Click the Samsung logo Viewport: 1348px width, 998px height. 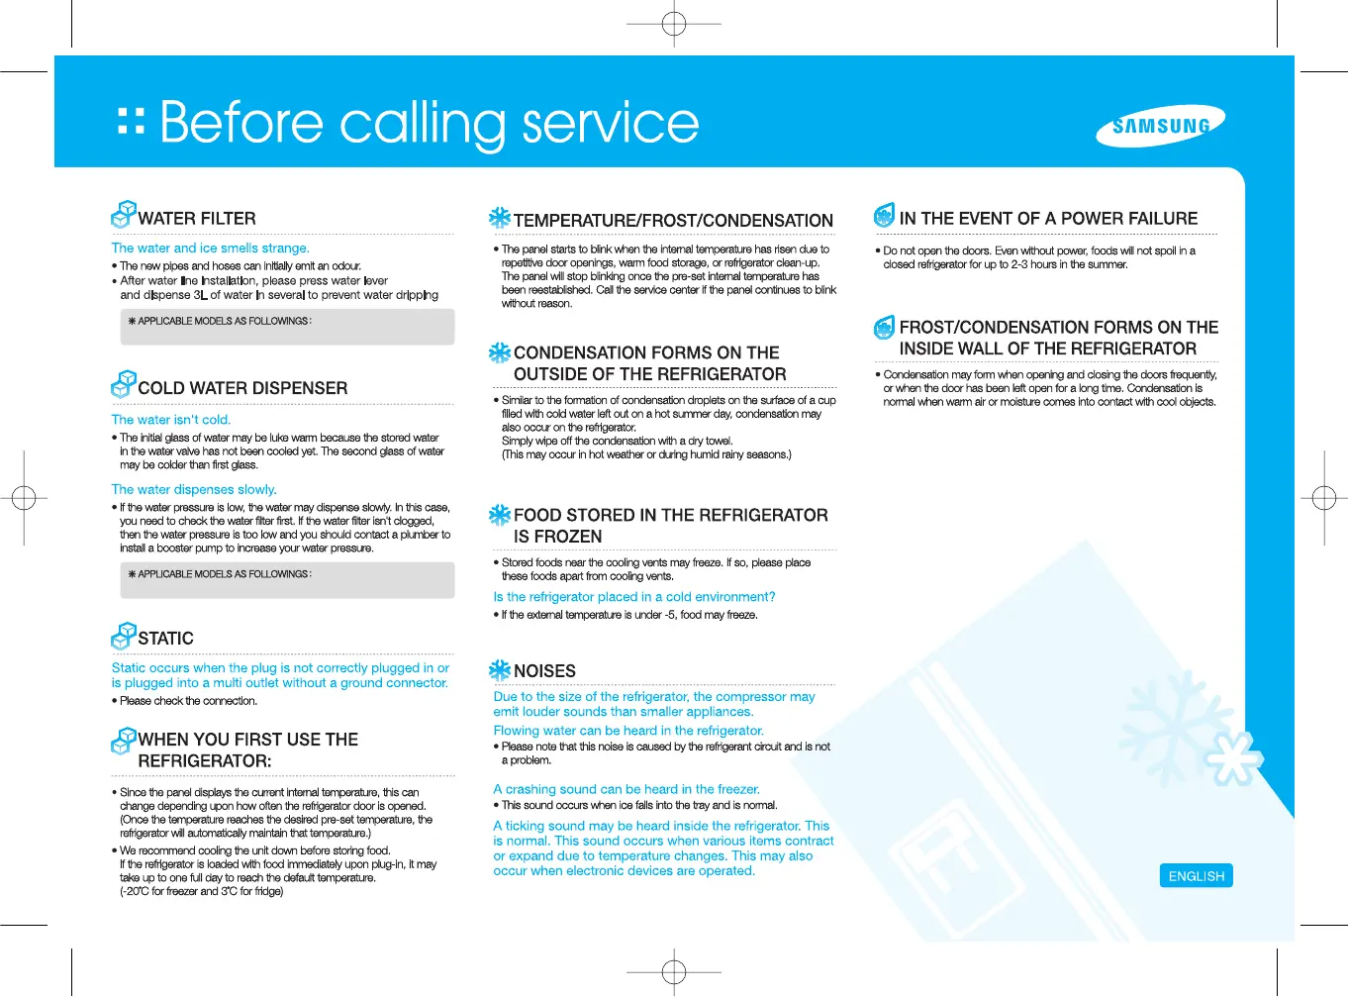[x=1160, y=126]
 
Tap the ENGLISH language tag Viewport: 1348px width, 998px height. [x=1196, y=876]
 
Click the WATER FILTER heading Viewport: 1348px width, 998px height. [x=197, y=219]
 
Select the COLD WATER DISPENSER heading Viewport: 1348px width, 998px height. [x=242, y=388]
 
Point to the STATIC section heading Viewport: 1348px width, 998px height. [x=165, y=639]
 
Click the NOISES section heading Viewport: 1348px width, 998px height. [x=544, y=671]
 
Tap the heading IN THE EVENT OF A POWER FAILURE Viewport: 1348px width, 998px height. [x=1048, y=219]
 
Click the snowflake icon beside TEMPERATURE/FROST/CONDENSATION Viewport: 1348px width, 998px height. [x=500, y=218]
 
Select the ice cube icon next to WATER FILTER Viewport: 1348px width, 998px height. [x=124, y=214]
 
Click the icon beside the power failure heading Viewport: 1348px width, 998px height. [x=884, y=215]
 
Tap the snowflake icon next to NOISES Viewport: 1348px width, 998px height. [x=500, y=670]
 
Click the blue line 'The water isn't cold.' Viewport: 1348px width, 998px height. [x=171, y=420]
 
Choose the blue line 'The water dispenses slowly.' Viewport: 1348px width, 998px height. [x=194, y=489]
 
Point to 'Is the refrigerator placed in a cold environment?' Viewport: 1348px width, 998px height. [x=634, y=597]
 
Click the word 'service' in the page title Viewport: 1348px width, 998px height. [x=610, y=123]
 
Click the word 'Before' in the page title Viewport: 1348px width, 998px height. [x=241, y=123]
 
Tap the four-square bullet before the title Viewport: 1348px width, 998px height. [x=131, y=122]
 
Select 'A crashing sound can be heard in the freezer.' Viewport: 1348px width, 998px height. [x=626, y=789]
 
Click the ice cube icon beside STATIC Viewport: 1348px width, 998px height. [x=124, y=634]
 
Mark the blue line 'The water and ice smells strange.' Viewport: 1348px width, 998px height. [x=210, y=249]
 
